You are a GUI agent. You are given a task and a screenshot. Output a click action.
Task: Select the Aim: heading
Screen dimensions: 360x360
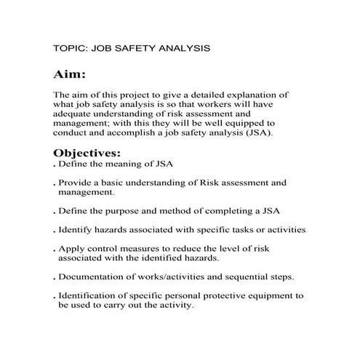click(x=70, y=75)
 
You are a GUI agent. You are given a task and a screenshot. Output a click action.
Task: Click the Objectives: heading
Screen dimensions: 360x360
click(x=87, y=153)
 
